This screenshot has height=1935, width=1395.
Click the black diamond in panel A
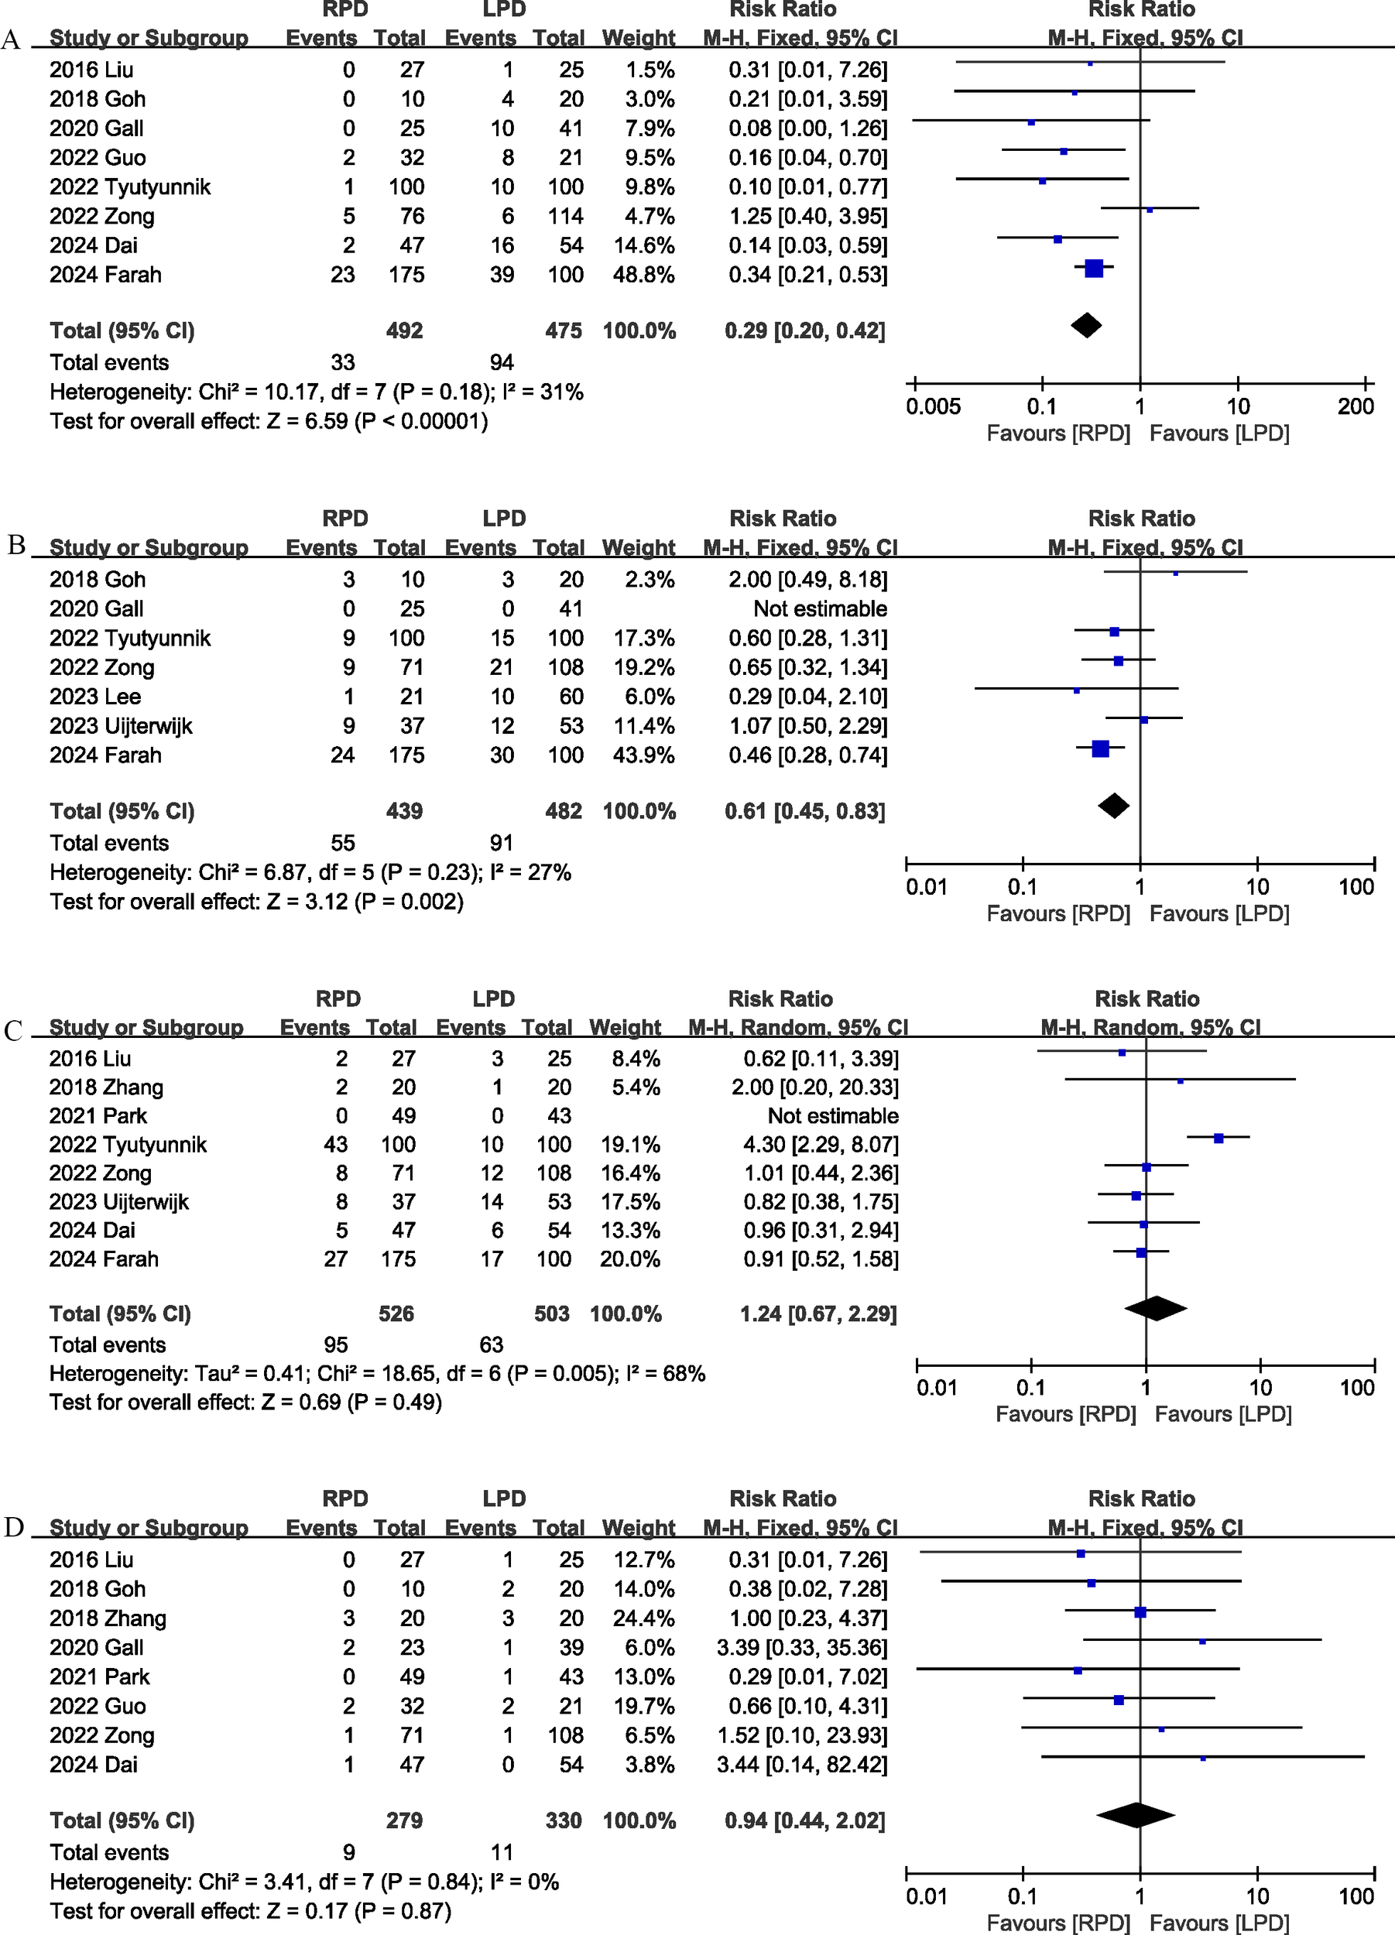tap(1085, 325)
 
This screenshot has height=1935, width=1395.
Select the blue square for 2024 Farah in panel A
tap(1093, 269)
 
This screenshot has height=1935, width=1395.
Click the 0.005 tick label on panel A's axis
tap(933, 406)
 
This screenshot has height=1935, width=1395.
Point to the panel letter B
tap(16, 544)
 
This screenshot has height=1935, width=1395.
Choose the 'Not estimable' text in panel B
tap(819, 608)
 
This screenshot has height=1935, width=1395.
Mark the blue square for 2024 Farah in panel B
tap(1100, 749)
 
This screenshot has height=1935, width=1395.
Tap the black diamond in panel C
tap(1155, 1308)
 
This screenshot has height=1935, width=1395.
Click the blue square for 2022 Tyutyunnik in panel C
tap(1218, 1138)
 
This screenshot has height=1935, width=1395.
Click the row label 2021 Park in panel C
tap(98, 1116)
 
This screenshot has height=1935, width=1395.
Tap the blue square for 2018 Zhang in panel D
tap(1139, 1612)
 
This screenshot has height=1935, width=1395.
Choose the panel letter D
tap(14, 1526)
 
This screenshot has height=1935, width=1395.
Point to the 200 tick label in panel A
tap(1355, 406)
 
